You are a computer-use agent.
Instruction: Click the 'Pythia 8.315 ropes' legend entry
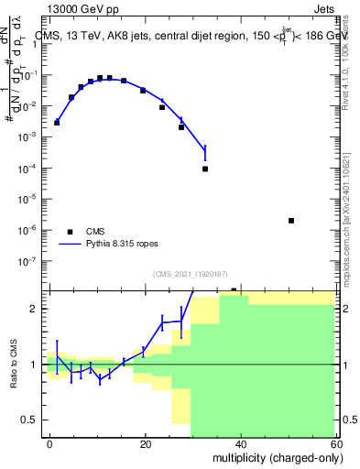(105, 245)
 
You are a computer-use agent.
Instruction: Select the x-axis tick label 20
(146, 442)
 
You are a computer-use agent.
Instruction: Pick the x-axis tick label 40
(241, 442)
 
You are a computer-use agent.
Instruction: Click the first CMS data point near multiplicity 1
(57, 122)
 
